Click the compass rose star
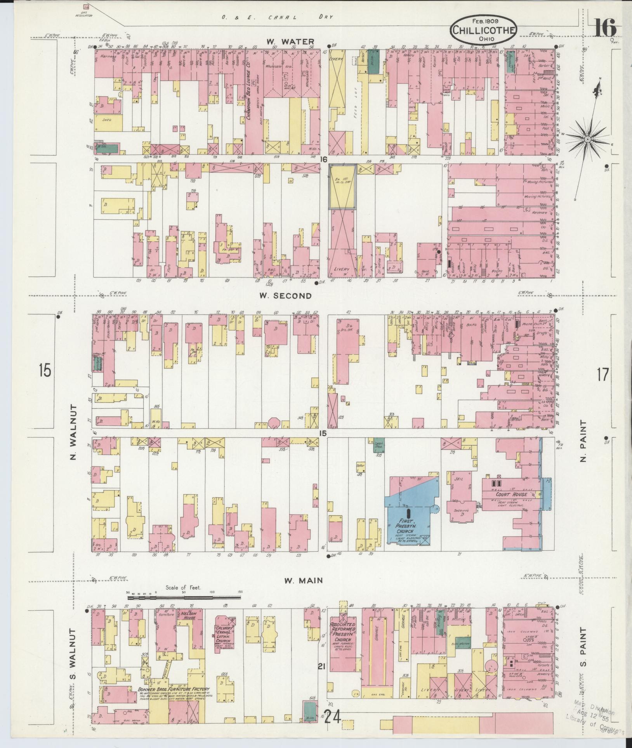click(x=588, y=139)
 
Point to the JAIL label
click(x=458, y=479)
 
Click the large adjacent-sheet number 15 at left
click(x=45, y=370)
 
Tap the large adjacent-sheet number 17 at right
click(x=603, y=375)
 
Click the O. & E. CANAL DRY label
click(x=278, y=17)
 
